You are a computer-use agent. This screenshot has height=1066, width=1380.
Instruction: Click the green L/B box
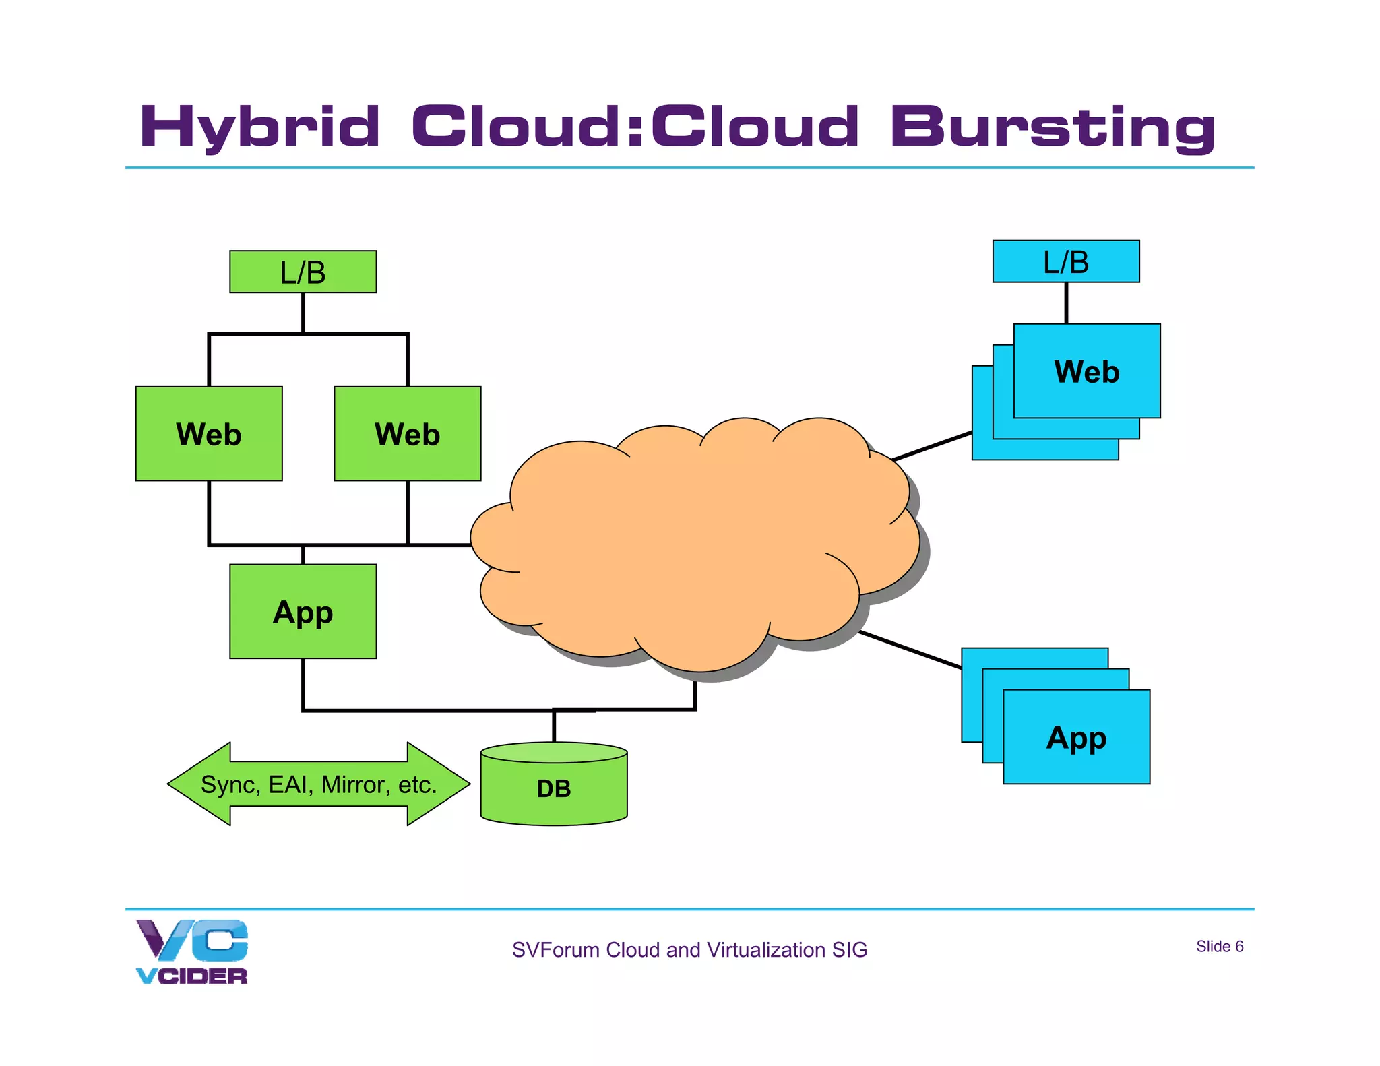303,272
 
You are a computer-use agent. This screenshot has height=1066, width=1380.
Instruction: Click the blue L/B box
1065,261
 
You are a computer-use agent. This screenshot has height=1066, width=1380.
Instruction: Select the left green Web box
209,433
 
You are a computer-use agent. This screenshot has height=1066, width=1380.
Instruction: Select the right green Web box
407,433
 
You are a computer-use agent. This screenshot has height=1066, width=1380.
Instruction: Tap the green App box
303,611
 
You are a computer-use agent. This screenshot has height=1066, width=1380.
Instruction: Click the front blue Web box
1086,371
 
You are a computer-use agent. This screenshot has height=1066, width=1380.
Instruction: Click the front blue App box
1076,736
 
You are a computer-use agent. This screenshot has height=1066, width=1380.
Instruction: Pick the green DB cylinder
553,787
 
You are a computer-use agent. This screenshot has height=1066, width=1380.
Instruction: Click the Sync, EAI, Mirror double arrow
318,784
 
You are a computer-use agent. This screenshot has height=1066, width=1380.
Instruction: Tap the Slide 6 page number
1219,946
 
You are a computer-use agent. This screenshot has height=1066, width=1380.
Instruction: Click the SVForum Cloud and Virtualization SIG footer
689,949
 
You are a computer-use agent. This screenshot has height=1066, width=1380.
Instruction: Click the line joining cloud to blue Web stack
931,446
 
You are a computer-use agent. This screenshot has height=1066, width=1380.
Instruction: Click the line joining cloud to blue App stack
910,650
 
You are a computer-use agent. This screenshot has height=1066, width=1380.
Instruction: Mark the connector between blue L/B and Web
1065,303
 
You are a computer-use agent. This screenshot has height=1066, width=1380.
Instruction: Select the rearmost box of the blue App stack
971,694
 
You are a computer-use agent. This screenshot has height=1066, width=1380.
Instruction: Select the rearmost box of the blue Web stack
982,418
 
